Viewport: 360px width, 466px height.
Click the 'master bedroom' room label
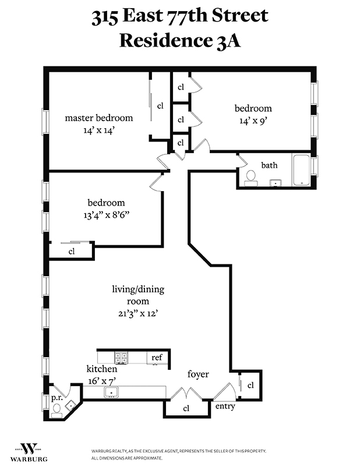pos(98,118)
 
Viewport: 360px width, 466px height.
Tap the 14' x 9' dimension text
pos(253,122)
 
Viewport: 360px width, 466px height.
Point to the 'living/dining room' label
pos(130,295)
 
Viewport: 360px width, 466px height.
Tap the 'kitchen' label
pos(102,369)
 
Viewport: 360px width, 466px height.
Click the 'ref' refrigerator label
pos(157,357)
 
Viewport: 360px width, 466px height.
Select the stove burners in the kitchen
pos(121,358)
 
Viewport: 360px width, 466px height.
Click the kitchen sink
pos(111,392)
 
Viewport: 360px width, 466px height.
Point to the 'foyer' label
pos(198,374)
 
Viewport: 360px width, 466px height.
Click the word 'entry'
pos(225,406)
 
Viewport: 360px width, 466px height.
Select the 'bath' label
pos(269,165)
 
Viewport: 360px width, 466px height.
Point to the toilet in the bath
pos(250,176)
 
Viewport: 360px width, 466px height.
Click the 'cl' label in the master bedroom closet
pos(160,105)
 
